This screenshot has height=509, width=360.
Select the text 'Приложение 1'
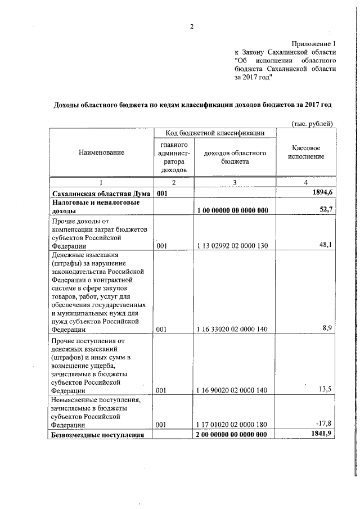313,43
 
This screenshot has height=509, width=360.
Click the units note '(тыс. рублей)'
313,123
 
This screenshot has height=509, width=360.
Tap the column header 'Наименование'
102,152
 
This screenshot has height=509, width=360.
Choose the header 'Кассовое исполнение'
306,152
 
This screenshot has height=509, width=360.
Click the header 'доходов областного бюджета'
235,157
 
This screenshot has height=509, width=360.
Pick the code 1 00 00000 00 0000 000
232,211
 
